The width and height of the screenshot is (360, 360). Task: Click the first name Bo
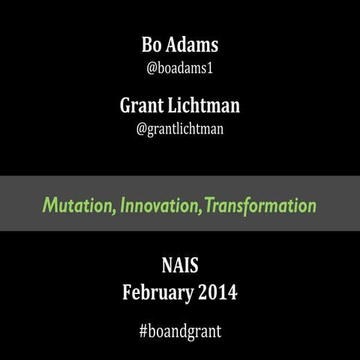coord(152,45)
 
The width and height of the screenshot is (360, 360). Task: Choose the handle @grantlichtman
coord(180,128)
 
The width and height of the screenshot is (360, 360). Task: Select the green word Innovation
coord(160,205)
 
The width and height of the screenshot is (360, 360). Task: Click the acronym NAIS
coord(180,265)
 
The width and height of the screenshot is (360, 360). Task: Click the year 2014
coord(217,292)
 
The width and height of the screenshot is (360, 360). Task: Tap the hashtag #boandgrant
coord(180,331)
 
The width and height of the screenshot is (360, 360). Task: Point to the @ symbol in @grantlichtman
coord(141,128)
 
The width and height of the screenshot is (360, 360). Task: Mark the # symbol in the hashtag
coord(143,331)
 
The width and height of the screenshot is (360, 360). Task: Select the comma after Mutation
coord(115,211)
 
